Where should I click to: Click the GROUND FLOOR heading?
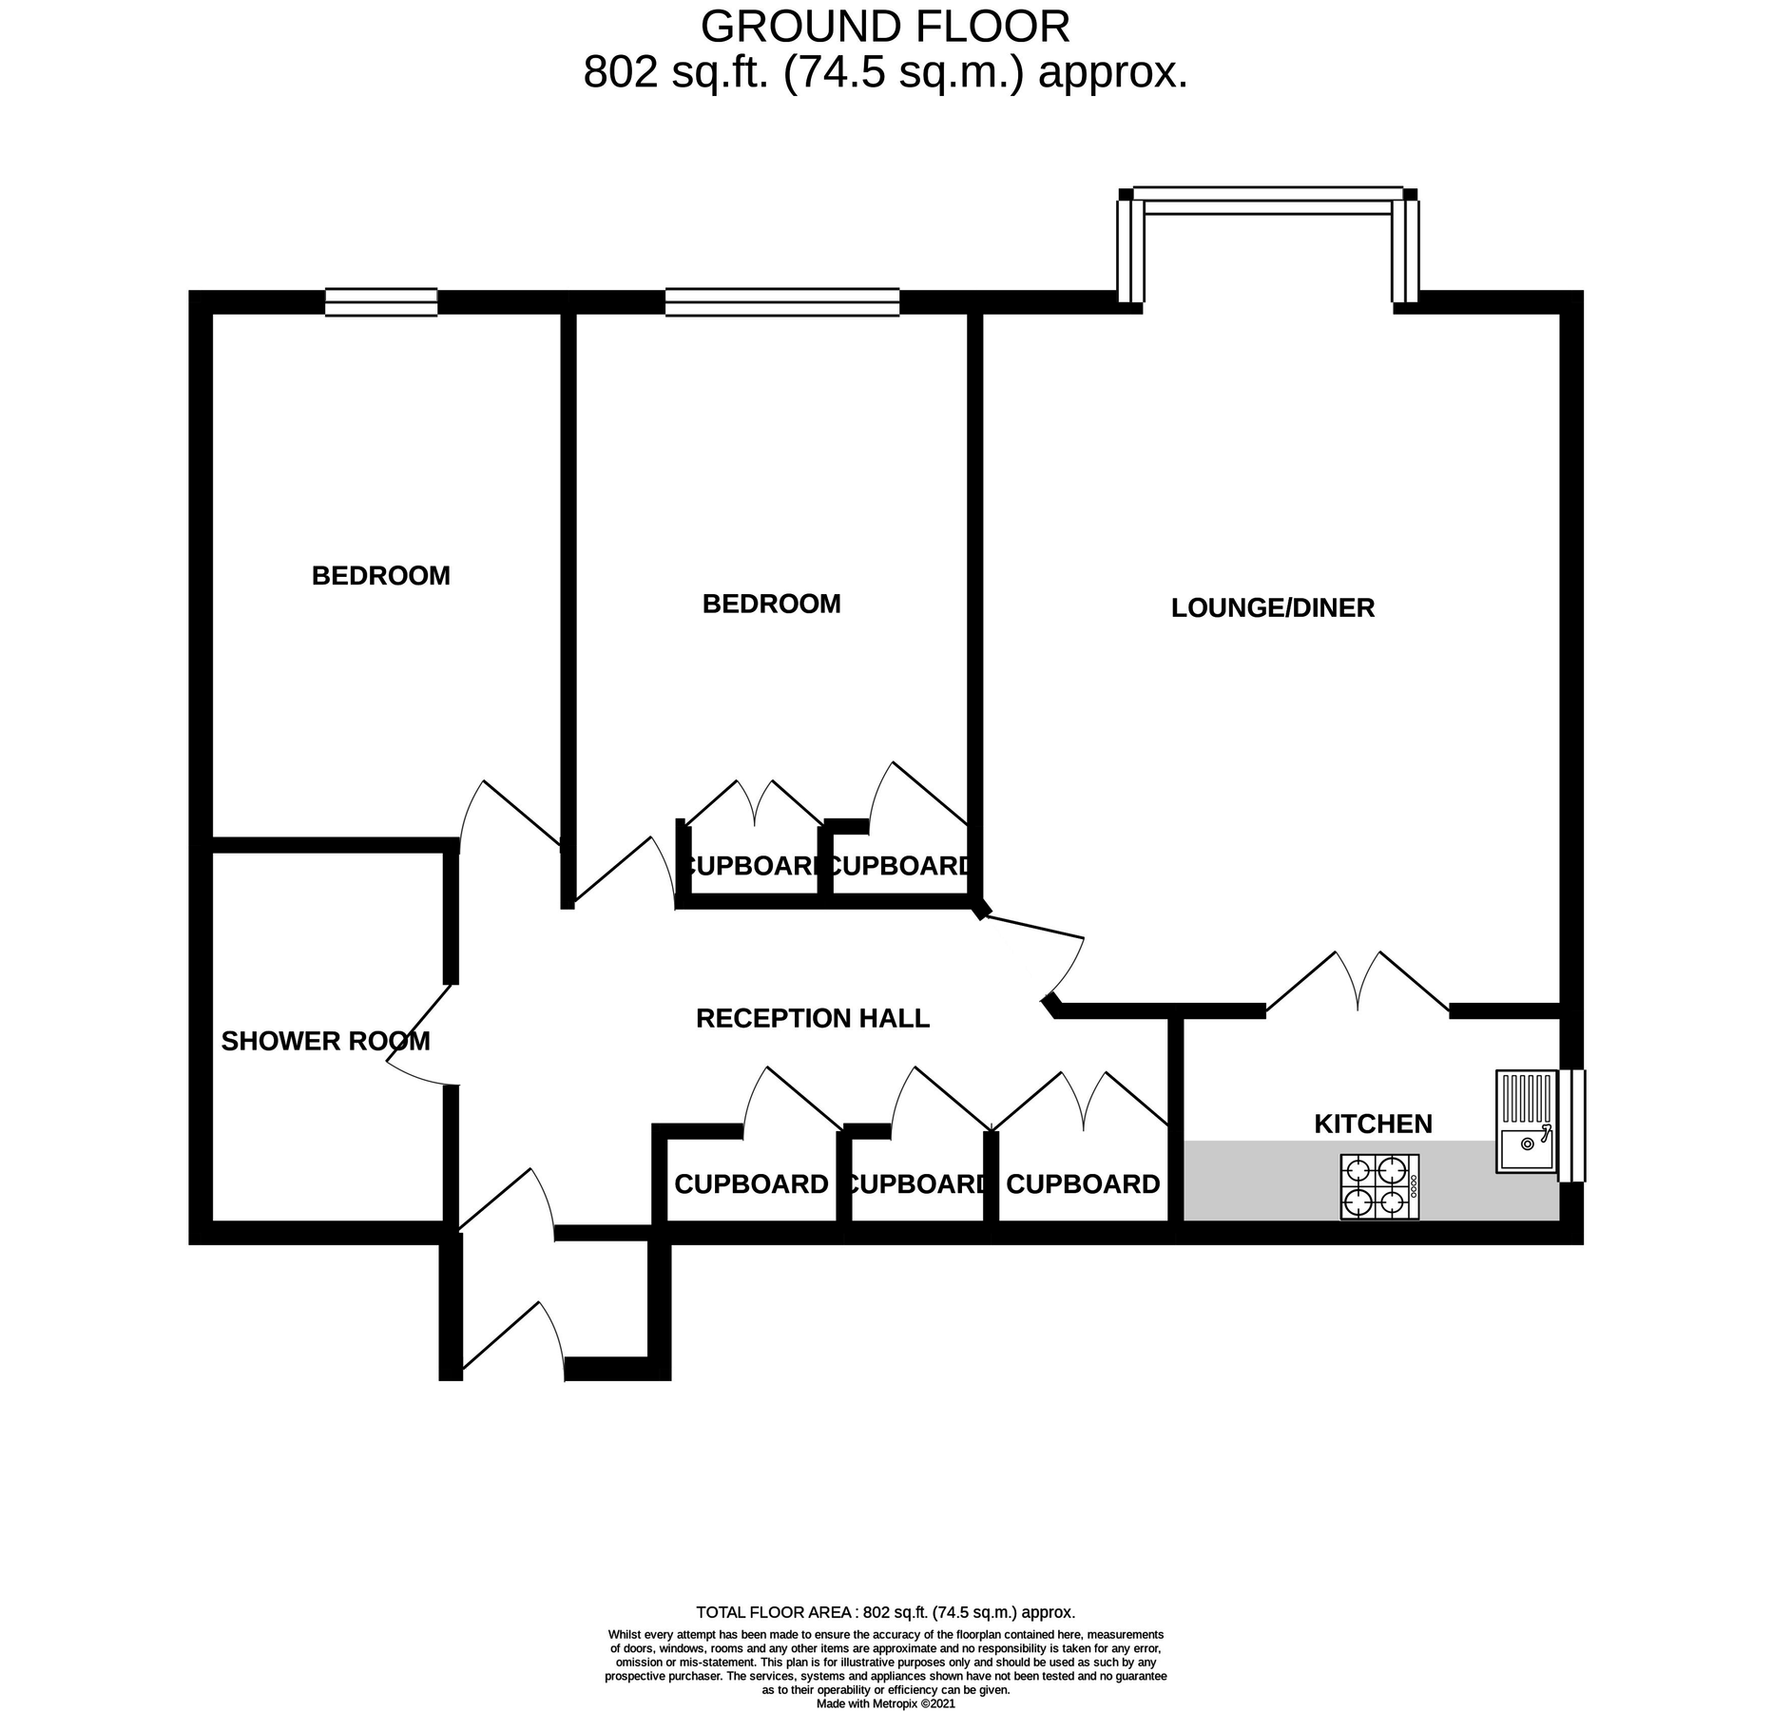tap(885, 27)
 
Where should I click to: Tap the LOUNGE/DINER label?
tap(1272, 608)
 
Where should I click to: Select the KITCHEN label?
tap(1372, 1125)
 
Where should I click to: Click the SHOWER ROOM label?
tap(325, 1042)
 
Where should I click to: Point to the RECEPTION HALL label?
tap(812, 1019)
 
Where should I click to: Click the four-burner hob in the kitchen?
tap(1378, 1186)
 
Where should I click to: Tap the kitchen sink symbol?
tap(1524, 1122)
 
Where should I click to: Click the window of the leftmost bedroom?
tap(380, 302)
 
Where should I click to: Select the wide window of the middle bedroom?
tap(781, 302)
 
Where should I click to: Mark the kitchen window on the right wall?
tap(1571, 1125)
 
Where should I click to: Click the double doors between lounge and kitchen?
tap(1358, 984)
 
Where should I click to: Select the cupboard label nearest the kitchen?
tap(1082, 1184)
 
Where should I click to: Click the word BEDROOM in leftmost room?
tap(380, 576)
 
